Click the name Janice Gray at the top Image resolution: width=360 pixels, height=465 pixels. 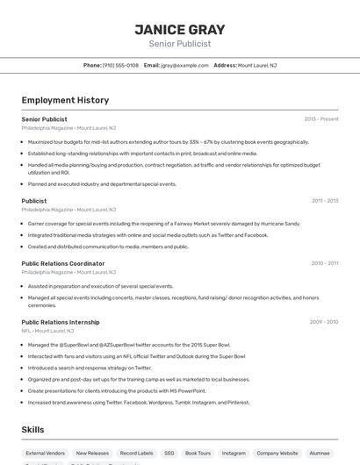(179, 30)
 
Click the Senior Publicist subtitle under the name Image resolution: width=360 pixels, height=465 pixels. (179, 43)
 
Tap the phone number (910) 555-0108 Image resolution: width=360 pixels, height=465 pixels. (120, 65)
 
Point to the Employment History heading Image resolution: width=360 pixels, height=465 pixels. (65, 100)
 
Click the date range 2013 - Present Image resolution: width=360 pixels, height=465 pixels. (321, 118)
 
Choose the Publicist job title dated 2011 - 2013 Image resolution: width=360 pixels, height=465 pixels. (34, 201)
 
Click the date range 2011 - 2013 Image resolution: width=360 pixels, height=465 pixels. (325, 201)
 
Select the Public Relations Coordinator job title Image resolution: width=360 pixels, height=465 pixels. (63, 263)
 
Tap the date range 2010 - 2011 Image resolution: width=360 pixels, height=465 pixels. (325, 263)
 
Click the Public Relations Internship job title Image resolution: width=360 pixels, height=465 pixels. (61, 322)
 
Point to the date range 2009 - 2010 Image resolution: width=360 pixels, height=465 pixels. (324, 322)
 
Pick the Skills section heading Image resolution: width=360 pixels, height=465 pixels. (33, 430)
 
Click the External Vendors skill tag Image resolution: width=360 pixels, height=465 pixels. (45, 453)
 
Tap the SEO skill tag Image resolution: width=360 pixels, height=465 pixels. (169, 453)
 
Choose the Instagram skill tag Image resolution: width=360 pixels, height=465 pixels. (234, 453)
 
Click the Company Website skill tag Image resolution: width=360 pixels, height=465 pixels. (277, 453)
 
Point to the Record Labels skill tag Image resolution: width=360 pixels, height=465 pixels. (136, 453)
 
